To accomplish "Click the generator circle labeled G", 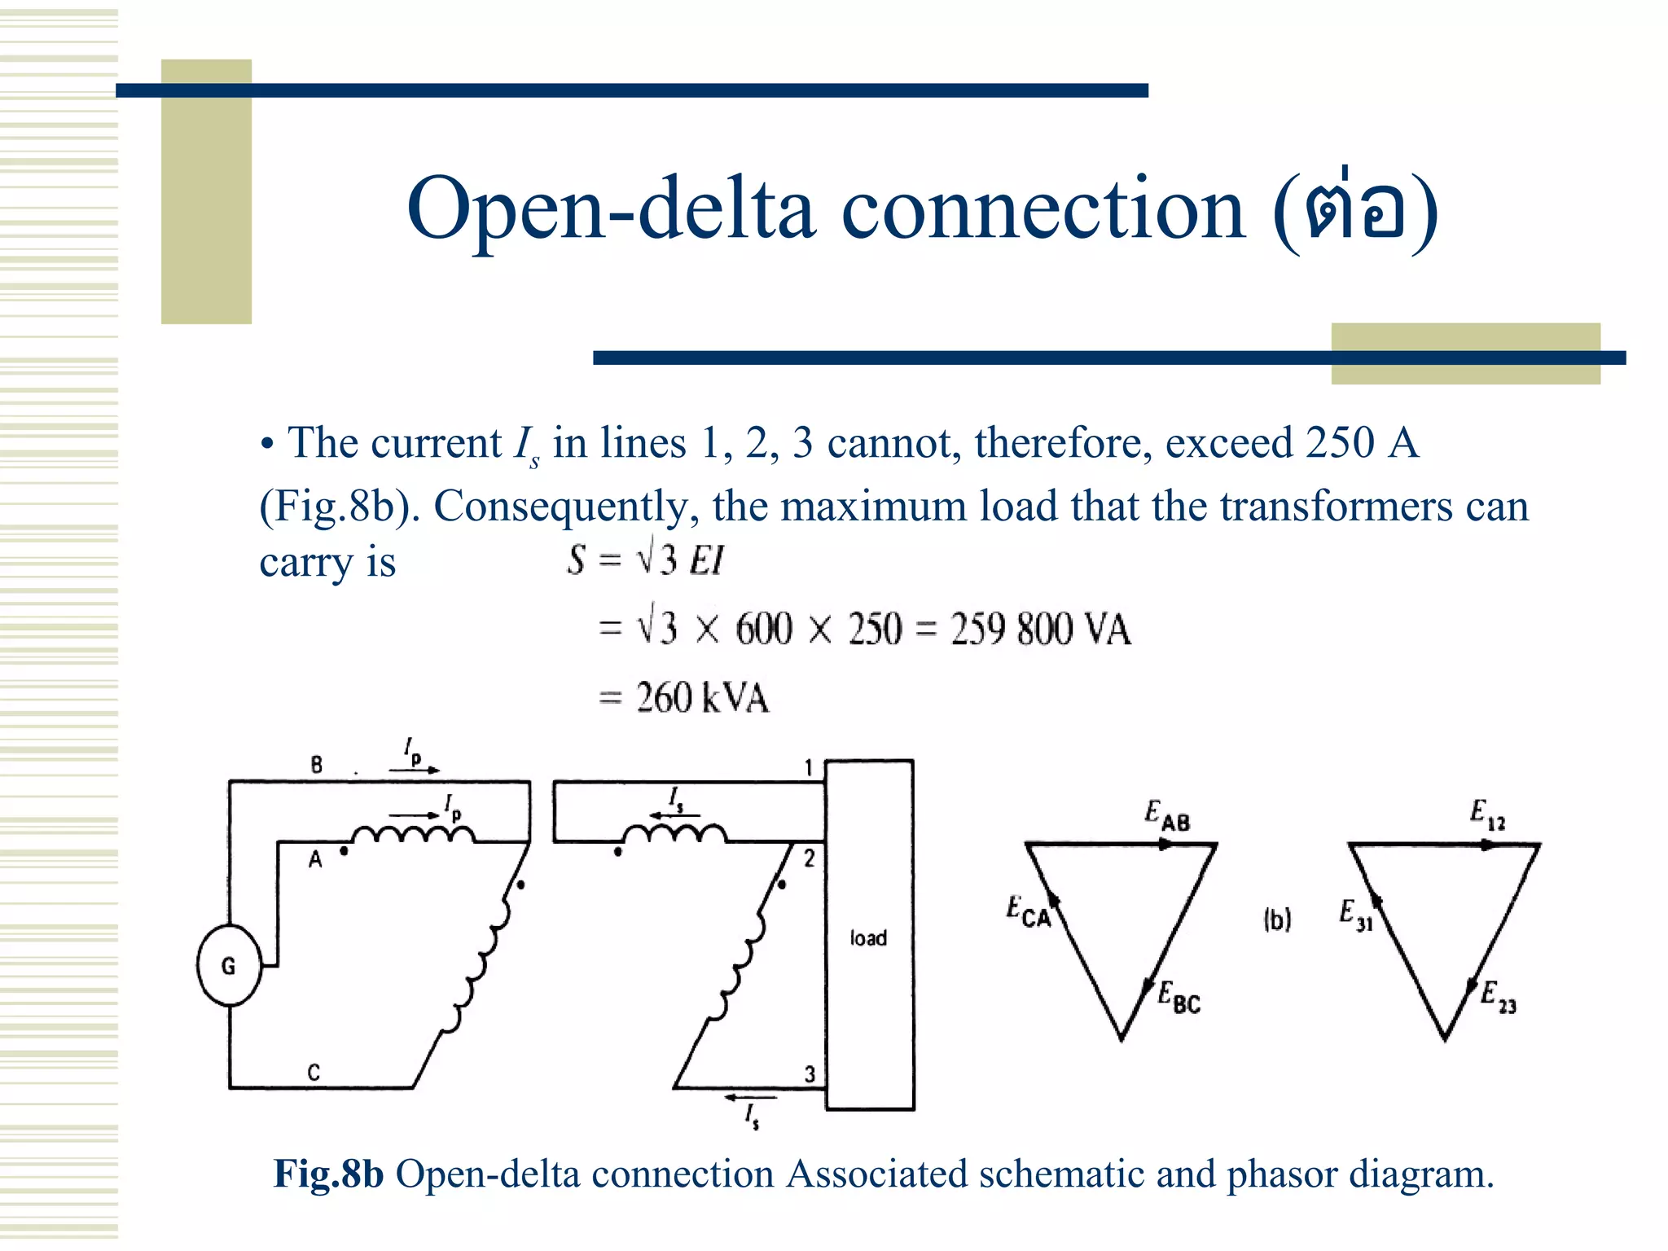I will (x=229, y=966).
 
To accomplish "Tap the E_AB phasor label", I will (x=1166, y=815).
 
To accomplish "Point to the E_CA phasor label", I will (x=1028, y=911).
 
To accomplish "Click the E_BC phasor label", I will (x=1179, y=998).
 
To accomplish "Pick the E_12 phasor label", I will (x=1487, y=814).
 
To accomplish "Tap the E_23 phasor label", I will (x=1498, y=997).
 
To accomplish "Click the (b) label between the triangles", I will (x=1277, y=920).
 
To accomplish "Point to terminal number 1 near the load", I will (x=809, y=768).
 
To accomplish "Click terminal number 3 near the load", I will (x=810, y=1074).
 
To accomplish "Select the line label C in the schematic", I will (x=314, y=1073).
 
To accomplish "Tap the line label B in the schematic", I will (x=317, y=765).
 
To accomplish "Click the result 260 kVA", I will (x=702, y=698).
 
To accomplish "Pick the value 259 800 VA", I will (x=1041, y=630).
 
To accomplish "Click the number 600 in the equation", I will (x=763, y=630).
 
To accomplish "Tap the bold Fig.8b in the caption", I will (x=328, y=1174).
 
